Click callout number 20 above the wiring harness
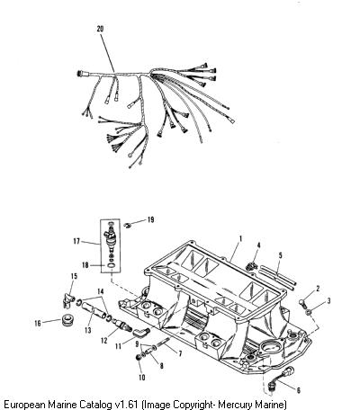pos(100,29)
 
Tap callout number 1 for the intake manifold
pos(240,239)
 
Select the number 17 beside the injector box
pos(76,241)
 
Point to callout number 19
pos(150,219)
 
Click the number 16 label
pos(38,323)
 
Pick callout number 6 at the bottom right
pos(298,390)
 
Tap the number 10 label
pos(141,378)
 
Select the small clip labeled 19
pos(128,225)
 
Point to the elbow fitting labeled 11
pos(141,332)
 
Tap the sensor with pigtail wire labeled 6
pos(281,378)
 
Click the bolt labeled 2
pos(303,304)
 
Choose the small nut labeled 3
pos(309,313)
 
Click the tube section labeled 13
pos(94,310)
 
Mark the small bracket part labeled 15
pos(68,300)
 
